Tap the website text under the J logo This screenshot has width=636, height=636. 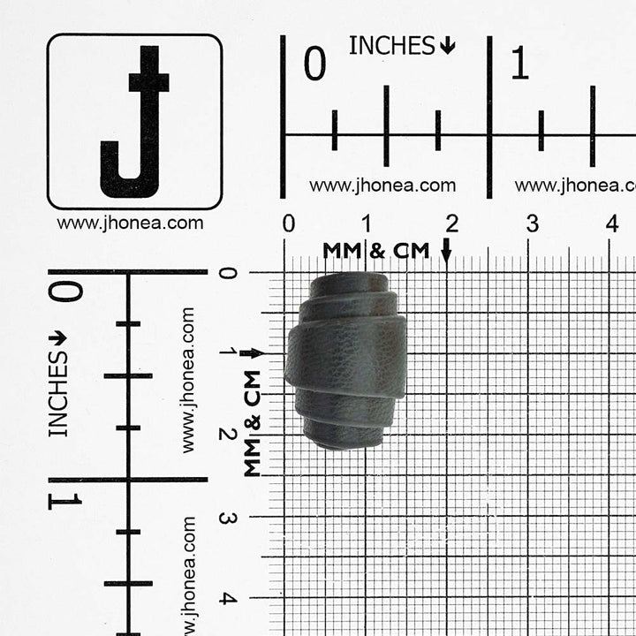130,223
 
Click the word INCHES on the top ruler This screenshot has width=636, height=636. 391,45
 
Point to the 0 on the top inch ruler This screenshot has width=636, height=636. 314,63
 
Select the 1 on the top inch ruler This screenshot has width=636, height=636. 520,63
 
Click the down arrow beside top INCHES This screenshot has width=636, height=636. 447,45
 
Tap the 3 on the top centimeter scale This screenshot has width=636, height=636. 533,223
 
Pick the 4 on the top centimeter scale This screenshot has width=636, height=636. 612,223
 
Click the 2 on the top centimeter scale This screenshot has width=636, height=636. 452,223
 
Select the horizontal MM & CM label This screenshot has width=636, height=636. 376,251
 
